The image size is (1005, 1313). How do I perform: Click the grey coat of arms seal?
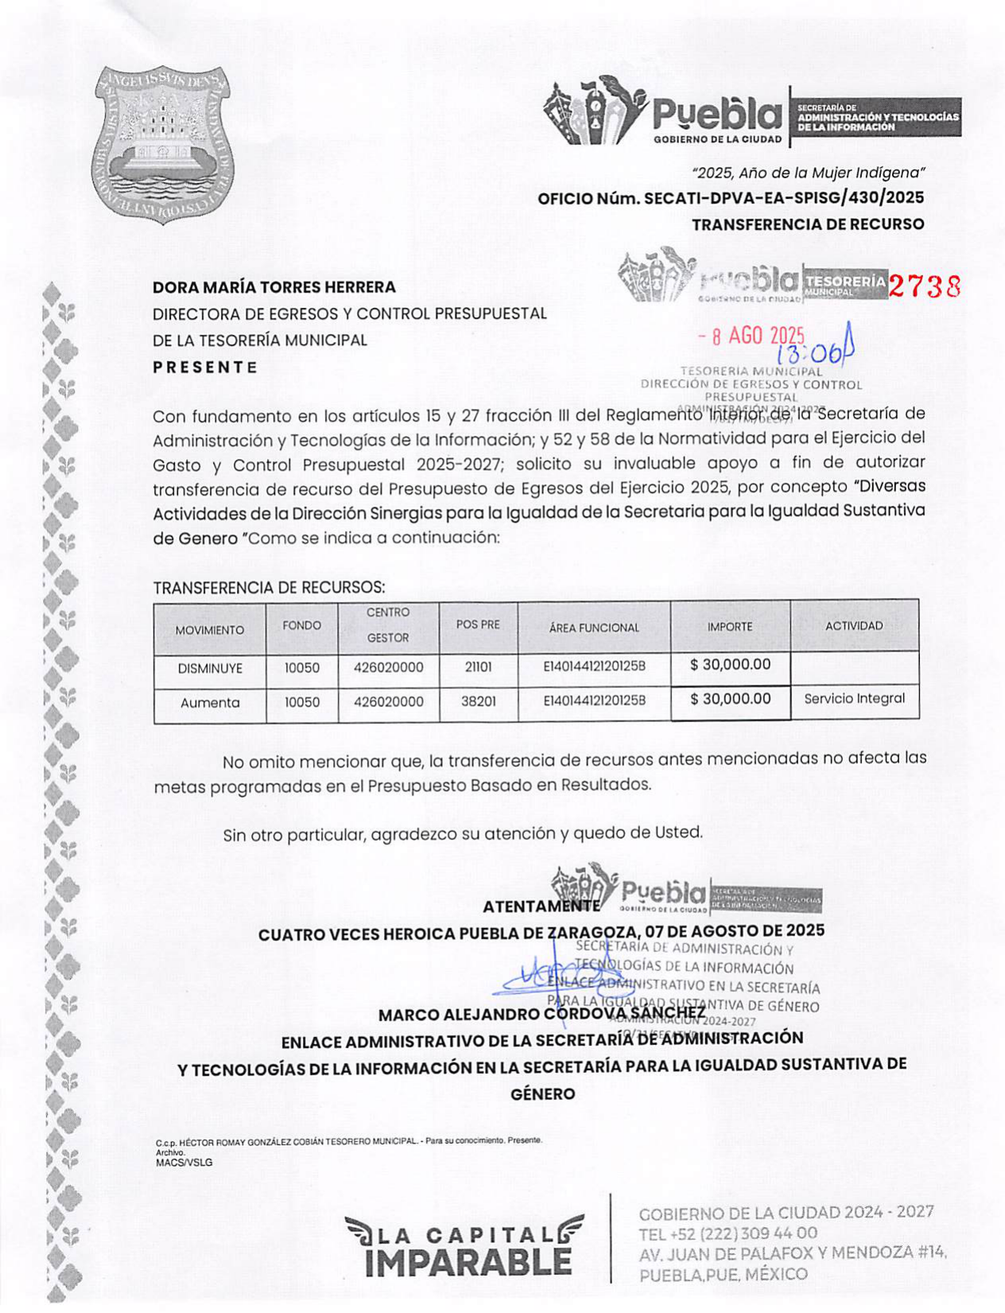click(163, 143)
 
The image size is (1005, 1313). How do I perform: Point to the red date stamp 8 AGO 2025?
click(751, 336)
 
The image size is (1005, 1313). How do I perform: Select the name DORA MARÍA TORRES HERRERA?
click(274, 287)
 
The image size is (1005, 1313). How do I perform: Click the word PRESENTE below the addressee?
click(205, 367)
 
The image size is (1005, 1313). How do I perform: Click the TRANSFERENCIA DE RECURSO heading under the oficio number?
click(808, 224)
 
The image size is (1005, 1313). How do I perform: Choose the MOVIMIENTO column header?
click(210, 630)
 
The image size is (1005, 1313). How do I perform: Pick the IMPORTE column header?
click(730, 627)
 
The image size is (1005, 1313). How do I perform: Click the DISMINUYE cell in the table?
click(210, 668)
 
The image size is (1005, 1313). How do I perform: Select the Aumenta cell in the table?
click(210, 702)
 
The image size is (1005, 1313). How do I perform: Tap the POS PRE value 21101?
click(478, 667)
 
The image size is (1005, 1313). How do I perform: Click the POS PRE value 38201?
click(478, 701)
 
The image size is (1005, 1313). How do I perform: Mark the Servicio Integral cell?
click(854, 698)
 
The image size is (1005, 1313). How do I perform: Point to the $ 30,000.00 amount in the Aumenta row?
click(730, 699)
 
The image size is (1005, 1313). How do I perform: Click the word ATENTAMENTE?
click(541, 906)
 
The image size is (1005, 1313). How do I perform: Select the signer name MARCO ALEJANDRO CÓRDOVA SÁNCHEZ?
click(541, 1015)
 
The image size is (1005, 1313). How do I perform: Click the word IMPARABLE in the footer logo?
click(468, 1262)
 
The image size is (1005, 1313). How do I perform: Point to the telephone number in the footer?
click(728, 1233)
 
